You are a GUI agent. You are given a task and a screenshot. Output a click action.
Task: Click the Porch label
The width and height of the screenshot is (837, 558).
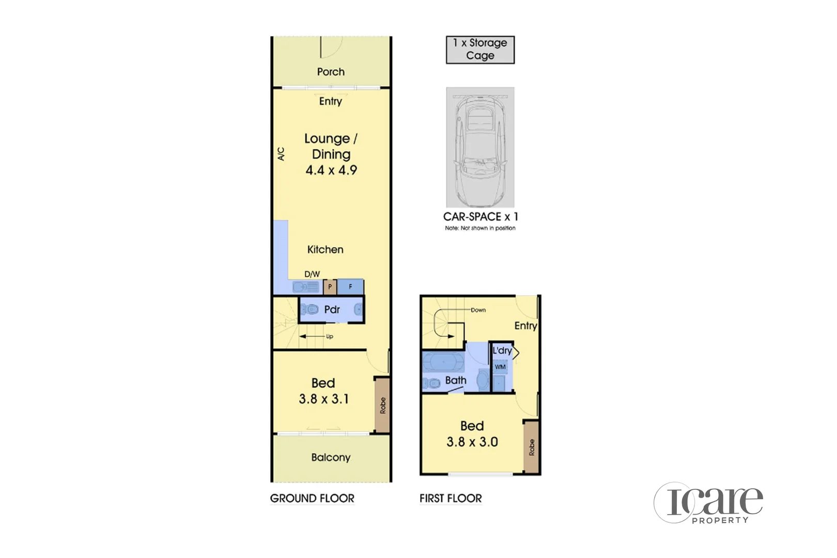(x=331, y=72)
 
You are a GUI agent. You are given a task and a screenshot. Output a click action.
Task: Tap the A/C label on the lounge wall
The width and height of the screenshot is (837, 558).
(x=281, y=154)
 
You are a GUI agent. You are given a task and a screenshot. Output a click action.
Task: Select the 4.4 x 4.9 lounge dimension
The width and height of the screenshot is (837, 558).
(x=331, y=170)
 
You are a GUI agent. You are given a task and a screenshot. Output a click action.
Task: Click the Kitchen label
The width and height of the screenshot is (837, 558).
(x=325, y=250)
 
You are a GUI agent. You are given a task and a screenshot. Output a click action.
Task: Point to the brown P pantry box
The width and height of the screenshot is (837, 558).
(x=330, y=287)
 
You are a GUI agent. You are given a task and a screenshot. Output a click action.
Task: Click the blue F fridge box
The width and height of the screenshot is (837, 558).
(x=350, y=287)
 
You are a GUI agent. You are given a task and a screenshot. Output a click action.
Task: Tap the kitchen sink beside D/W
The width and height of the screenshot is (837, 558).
(x=306, y=287)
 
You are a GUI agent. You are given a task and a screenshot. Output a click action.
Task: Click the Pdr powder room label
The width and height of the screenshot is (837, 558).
(x=332, y=309)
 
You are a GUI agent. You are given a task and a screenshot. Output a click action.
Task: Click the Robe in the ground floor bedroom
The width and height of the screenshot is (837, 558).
(x=382, y=405)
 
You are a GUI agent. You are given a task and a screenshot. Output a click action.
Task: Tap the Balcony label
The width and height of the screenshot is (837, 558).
(x=331, y=457)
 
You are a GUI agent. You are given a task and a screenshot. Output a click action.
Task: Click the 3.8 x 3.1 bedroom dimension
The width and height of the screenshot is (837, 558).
(x=324, y=399)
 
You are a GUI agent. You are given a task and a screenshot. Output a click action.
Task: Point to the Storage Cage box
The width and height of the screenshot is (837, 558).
(x=480, y=50)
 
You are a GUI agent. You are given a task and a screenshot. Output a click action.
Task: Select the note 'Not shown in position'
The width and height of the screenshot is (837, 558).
(x=480, y=228)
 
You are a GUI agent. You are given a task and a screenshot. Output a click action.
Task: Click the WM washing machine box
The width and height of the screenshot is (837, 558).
(x=500, y=367)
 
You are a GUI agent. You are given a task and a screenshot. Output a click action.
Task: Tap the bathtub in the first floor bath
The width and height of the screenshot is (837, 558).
(x=443, y=362)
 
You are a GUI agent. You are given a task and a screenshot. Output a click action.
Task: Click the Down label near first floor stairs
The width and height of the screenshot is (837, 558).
(x=478, y=310)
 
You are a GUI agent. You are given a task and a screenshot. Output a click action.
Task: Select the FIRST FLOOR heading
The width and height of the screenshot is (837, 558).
(x=451, y=499)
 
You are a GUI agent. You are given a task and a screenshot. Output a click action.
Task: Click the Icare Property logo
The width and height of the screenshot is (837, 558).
(x=709, y=503)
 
